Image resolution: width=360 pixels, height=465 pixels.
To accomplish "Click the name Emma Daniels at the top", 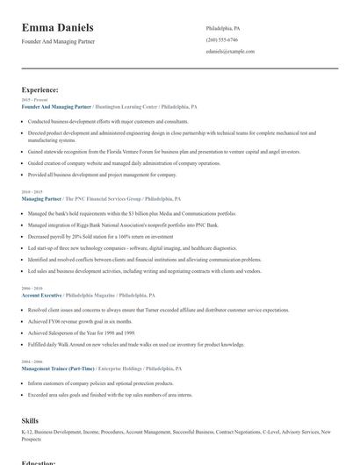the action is coord(58,28).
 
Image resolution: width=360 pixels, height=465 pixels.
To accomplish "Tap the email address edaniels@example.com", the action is coord(230,51).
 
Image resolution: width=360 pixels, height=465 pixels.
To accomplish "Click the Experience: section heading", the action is coord(40,89).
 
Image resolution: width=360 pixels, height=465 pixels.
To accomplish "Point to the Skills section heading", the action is coord(30,421).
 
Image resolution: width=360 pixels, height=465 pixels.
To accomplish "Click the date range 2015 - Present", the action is coord(34,100).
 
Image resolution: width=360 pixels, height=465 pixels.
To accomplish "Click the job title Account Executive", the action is coord(41,296).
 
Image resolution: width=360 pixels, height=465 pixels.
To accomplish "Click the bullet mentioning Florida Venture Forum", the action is coord(152,151).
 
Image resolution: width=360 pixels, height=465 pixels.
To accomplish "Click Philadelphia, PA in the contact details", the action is coord(222,28).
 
